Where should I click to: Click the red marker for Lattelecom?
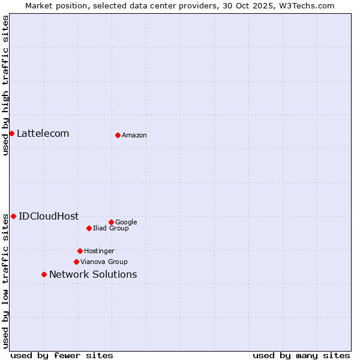(11, 133)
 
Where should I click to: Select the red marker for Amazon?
(118, 135)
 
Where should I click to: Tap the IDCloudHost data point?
(13, 216)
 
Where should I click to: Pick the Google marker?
(111, 222)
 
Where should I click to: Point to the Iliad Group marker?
(89, 228)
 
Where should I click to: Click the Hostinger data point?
(80, 251)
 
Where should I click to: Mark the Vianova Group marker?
(76, 262)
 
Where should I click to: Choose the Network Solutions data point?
(44, 274)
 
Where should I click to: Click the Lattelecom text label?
(43, 133)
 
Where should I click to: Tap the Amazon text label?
(134, 136)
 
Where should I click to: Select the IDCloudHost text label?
(49, 217)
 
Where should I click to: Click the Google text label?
(126, 223)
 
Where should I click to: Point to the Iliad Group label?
(111, 229)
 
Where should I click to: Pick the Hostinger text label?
(99, 251)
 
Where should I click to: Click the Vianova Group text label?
(104, 262)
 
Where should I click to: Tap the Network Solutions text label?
(93, 275)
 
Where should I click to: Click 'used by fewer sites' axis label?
(62, 355)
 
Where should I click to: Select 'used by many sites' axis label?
(301, 355)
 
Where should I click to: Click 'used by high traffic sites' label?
(5, 85)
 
